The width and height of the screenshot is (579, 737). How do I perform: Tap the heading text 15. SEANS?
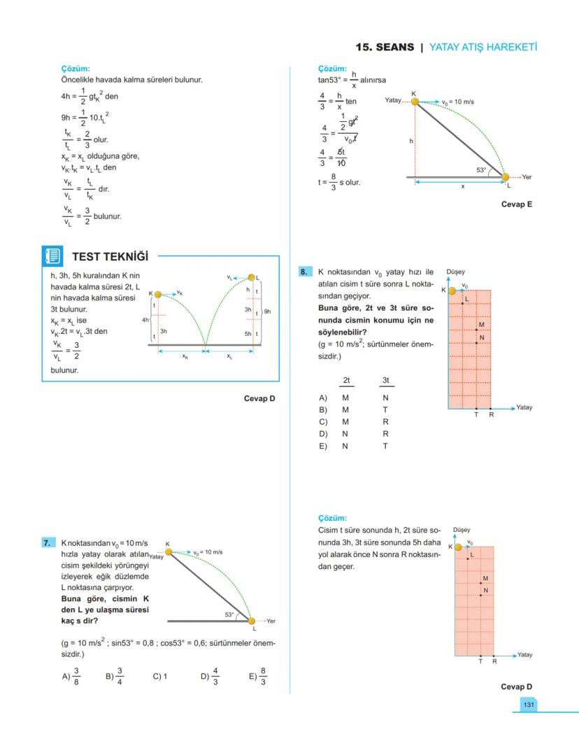385,47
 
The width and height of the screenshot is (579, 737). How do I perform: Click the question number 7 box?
48,542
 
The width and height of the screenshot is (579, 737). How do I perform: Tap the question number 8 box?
304,272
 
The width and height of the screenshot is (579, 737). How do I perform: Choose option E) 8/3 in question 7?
257,676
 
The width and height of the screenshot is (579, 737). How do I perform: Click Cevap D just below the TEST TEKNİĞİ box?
259,398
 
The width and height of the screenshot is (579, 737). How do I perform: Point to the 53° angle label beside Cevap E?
481,170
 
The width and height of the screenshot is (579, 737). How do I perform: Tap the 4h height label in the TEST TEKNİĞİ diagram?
145,319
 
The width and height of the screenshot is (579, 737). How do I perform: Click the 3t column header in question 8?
386,380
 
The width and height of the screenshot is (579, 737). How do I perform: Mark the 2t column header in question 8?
345,380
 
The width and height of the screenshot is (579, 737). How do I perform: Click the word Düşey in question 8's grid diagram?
455,272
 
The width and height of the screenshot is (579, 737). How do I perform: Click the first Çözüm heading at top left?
76,69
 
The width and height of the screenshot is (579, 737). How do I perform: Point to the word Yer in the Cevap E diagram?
527,177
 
